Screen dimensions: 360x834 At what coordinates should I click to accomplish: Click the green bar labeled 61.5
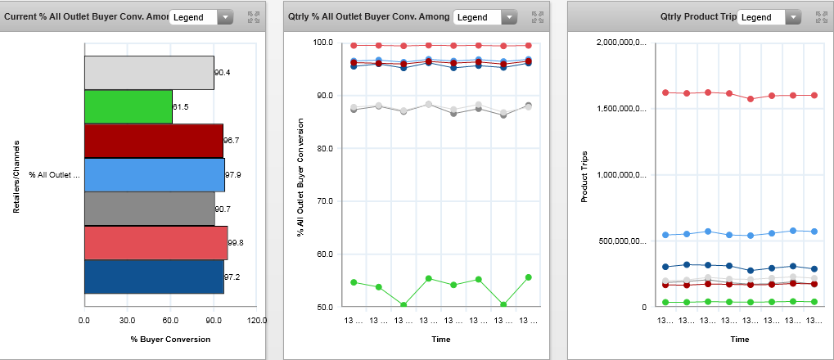point(128,106)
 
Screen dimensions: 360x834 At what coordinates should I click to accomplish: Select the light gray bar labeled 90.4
point(149,73)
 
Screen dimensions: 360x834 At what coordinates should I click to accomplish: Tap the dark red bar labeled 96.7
point(153,141)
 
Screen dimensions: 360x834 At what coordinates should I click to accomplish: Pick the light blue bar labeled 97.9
point(154,175)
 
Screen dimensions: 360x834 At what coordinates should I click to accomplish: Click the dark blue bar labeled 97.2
point(154,277)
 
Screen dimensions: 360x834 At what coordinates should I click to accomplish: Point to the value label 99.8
point(237,243)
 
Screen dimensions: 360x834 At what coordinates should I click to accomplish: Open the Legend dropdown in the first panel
point(201,17)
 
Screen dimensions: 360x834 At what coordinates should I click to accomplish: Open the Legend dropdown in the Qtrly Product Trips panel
point(769,17)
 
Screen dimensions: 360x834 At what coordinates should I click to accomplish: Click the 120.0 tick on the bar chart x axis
point(257,320)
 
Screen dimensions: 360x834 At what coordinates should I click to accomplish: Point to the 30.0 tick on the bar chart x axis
point(127,320)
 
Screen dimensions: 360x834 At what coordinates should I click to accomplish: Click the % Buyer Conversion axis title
point(170,339)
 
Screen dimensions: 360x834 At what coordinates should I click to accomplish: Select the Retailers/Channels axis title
point(16,176)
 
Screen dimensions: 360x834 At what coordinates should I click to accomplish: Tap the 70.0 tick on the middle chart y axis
point(324,201)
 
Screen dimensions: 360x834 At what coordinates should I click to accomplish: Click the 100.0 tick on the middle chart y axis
point(322,43)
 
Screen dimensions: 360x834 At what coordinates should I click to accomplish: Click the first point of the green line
point(354,282)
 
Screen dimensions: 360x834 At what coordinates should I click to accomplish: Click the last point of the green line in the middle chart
point(529,277)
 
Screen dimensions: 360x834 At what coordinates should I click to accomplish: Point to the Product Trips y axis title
point(584,175)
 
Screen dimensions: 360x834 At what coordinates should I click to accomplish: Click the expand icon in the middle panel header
point(537,17)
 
